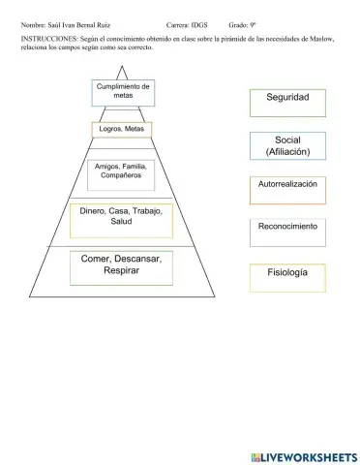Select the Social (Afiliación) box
click(287, 145)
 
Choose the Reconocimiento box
click(287, 229)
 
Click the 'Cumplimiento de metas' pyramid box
click(123, 92)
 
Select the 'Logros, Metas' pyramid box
click(122, 129)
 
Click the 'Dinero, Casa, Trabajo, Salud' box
click(121, 219)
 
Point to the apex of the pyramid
click(123, 66)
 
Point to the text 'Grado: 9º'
click(242, 21)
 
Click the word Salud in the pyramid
click(121, 224)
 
